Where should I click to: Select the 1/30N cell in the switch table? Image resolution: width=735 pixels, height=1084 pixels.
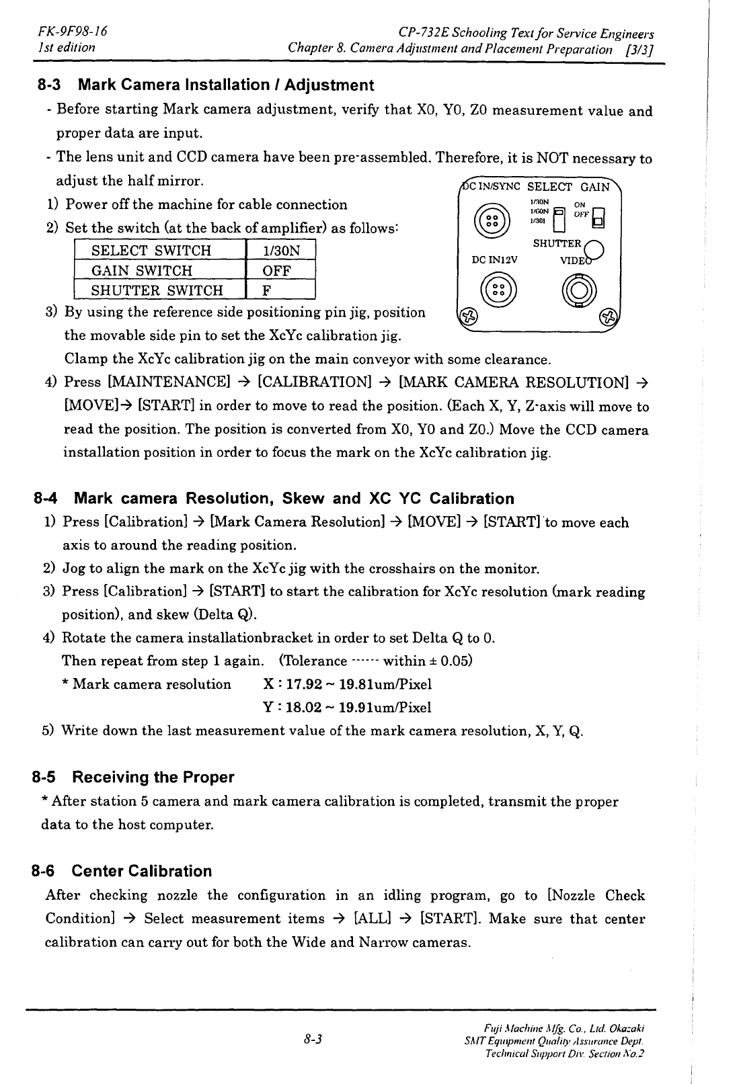(280, 251)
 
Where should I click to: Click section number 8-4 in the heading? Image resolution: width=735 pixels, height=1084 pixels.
(46, 499)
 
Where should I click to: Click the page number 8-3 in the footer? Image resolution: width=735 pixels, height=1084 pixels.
(313, 1040)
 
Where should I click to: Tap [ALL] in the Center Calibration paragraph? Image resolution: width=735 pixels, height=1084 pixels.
(369, 919)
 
